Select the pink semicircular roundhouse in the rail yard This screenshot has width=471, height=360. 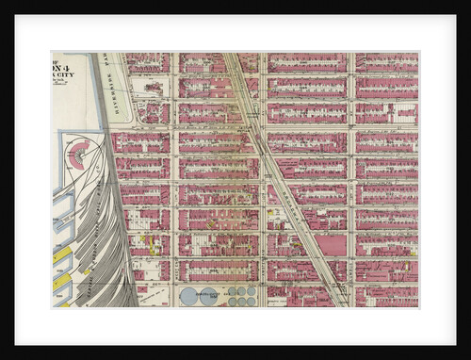point(79,154)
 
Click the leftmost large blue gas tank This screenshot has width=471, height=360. point(188,296)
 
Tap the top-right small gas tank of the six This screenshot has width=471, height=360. point(252,291)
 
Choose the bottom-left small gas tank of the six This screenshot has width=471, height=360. point(232,302)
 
